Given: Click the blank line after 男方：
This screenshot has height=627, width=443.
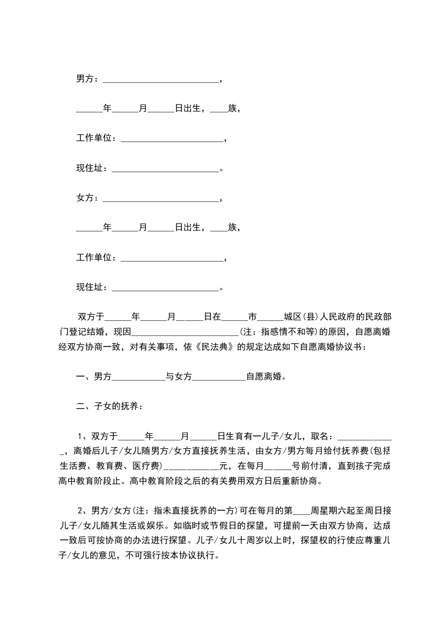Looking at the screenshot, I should coord(162,80).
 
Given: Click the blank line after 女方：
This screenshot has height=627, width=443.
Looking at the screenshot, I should coord(162,199).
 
